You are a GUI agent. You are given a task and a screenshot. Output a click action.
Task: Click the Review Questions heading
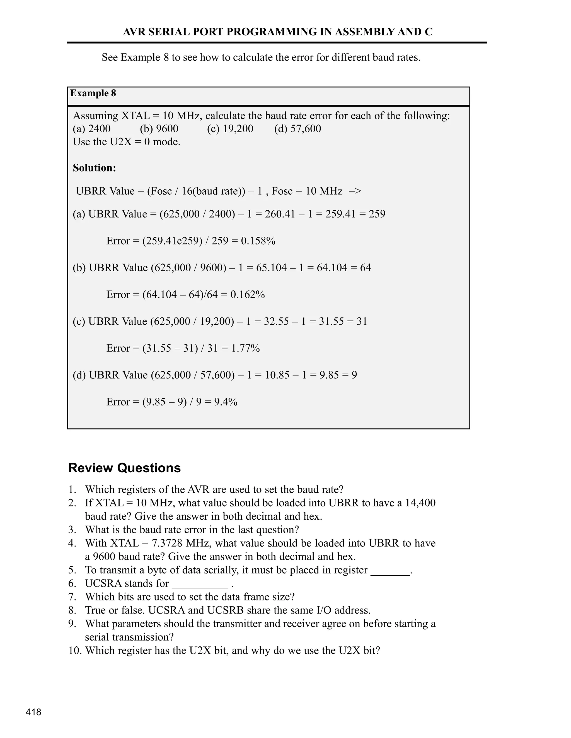[x=124, y=468]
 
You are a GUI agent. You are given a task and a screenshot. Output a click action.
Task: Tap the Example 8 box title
[x=93, y=93]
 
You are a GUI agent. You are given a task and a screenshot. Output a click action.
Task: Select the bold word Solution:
[x=95, y=168]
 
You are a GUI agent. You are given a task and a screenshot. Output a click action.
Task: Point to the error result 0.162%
[x=247, y=295]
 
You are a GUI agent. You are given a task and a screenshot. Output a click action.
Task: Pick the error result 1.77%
[x=245, y=348]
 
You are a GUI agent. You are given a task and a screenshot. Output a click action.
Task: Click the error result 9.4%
[x=226, y=402]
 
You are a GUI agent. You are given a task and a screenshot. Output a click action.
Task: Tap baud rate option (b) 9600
[x=159, y=129]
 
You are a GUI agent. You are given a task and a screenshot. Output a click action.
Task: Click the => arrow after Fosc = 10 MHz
[x=355, y=191]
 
